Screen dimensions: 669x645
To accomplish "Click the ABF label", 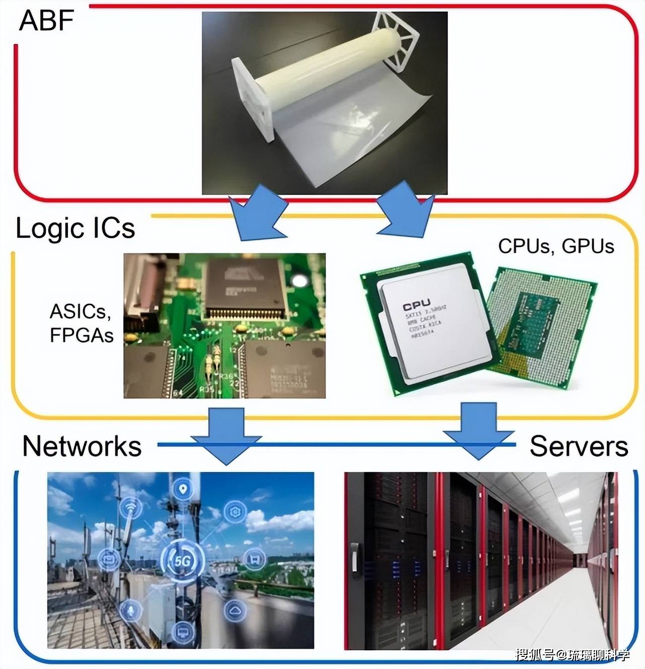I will [46, 21].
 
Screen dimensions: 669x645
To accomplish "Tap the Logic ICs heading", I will [76, 228].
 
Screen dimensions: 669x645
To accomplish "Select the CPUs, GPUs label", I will [556, 246].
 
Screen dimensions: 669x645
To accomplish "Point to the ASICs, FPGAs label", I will [81, 323].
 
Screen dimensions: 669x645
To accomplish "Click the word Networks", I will [82, 446].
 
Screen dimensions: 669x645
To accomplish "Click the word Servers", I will [578, 446].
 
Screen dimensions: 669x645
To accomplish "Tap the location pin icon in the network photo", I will [182, 489].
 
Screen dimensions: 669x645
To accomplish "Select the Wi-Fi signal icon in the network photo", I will [131, 509].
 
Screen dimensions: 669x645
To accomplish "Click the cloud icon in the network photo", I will [235, 611].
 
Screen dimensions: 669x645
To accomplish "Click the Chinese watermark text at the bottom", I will [572, 654].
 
